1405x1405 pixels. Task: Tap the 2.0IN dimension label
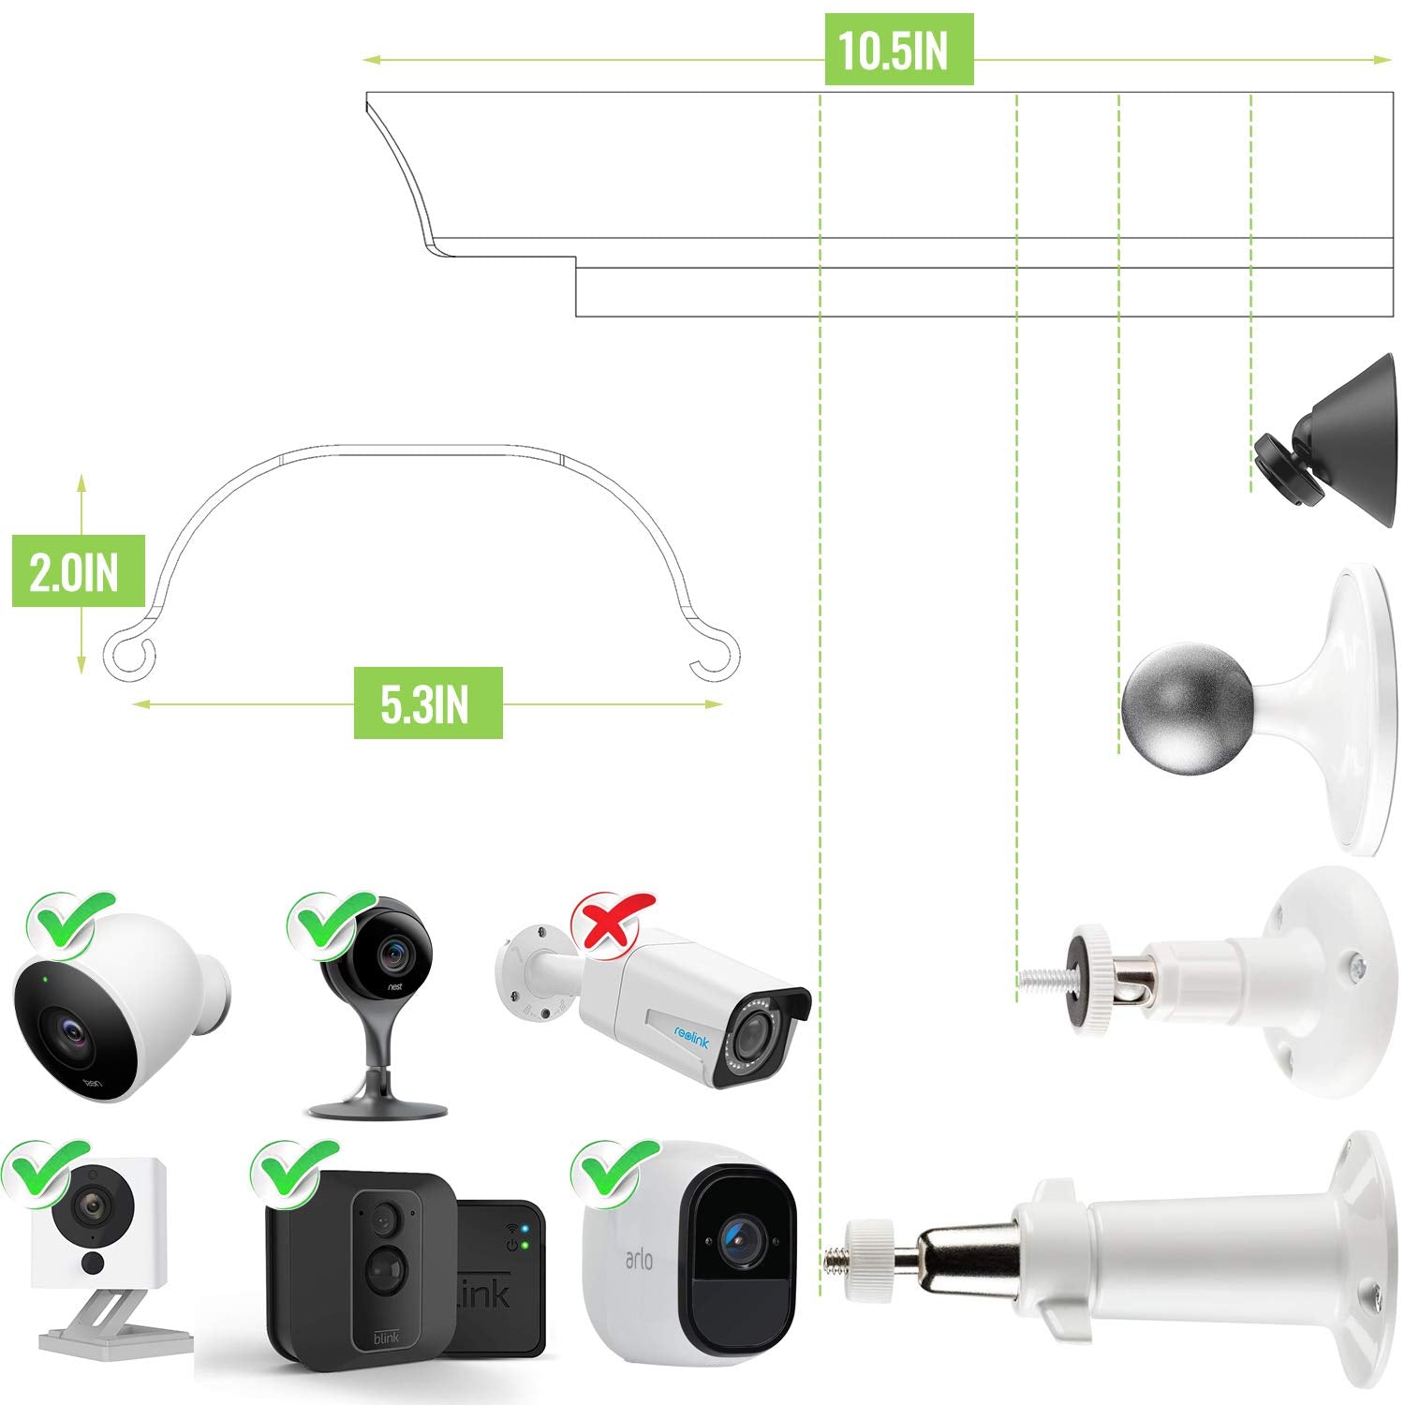78,572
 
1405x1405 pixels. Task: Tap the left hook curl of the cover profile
127,655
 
